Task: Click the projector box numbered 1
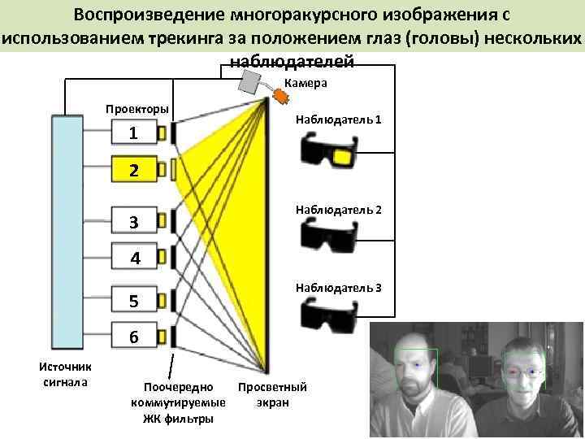tap(134, 133)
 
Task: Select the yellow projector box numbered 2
tap(134, 170)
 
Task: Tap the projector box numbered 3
tap(134, 222)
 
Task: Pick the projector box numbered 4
tap(134, 259)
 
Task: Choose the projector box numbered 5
tap(134, 301)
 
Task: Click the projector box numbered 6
tap(134, 337)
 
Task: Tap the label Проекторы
tap(137, 109)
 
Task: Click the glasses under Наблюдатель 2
tap(330, 237)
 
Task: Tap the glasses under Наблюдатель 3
tap(330, 314)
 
